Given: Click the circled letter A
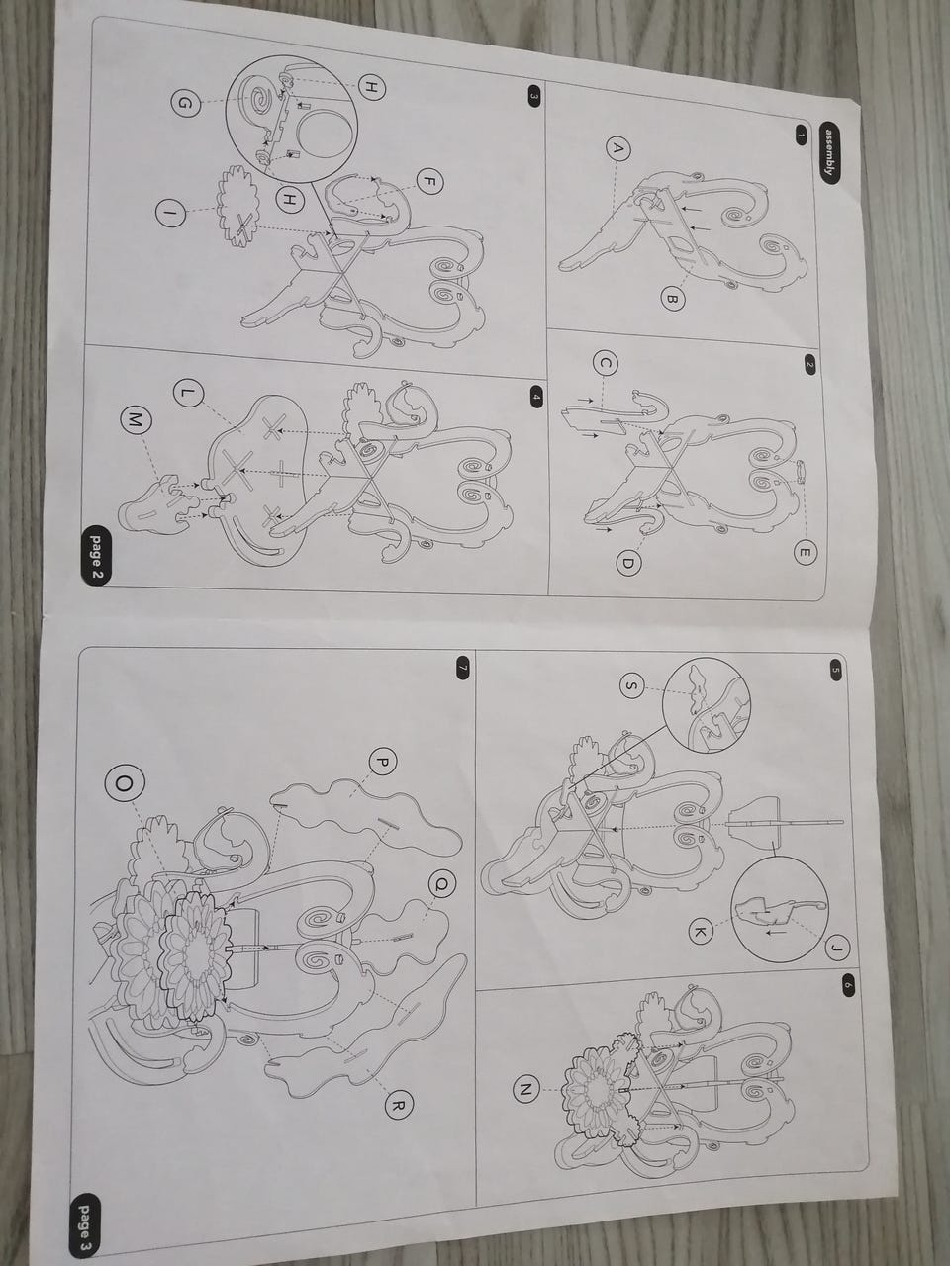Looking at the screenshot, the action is [617, 148].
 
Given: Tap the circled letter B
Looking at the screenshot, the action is [671, 300].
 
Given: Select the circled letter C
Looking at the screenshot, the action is [606, 363].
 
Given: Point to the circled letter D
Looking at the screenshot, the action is [628, 564].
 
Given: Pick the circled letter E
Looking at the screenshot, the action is [805, 553].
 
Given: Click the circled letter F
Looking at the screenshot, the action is [427, 181].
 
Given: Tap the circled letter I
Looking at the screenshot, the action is [170, 214].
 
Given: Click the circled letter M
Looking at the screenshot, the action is [135, 422].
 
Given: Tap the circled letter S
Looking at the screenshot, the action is [632, 685].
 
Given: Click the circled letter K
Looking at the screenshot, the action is [701, 933].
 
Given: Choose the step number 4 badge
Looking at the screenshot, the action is [535, 397].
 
